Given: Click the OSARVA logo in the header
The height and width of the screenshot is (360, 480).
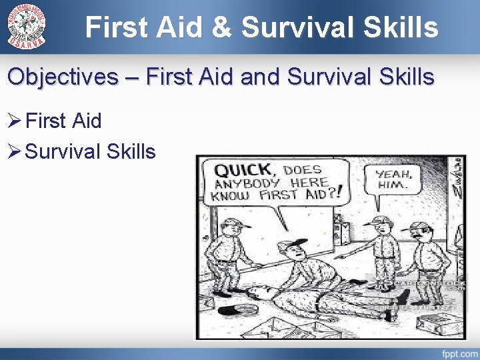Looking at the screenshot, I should coord(27,26).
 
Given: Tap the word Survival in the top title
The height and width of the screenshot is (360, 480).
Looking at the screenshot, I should coord(303,28).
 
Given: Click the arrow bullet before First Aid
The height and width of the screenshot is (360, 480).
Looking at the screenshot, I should coord(15,121).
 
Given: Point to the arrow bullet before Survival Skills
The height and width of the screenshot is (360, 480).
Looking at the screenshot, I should coord(15,152).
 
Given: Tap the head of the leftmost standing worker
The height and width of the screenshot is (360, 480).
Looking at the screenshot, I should coord(231,229).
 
